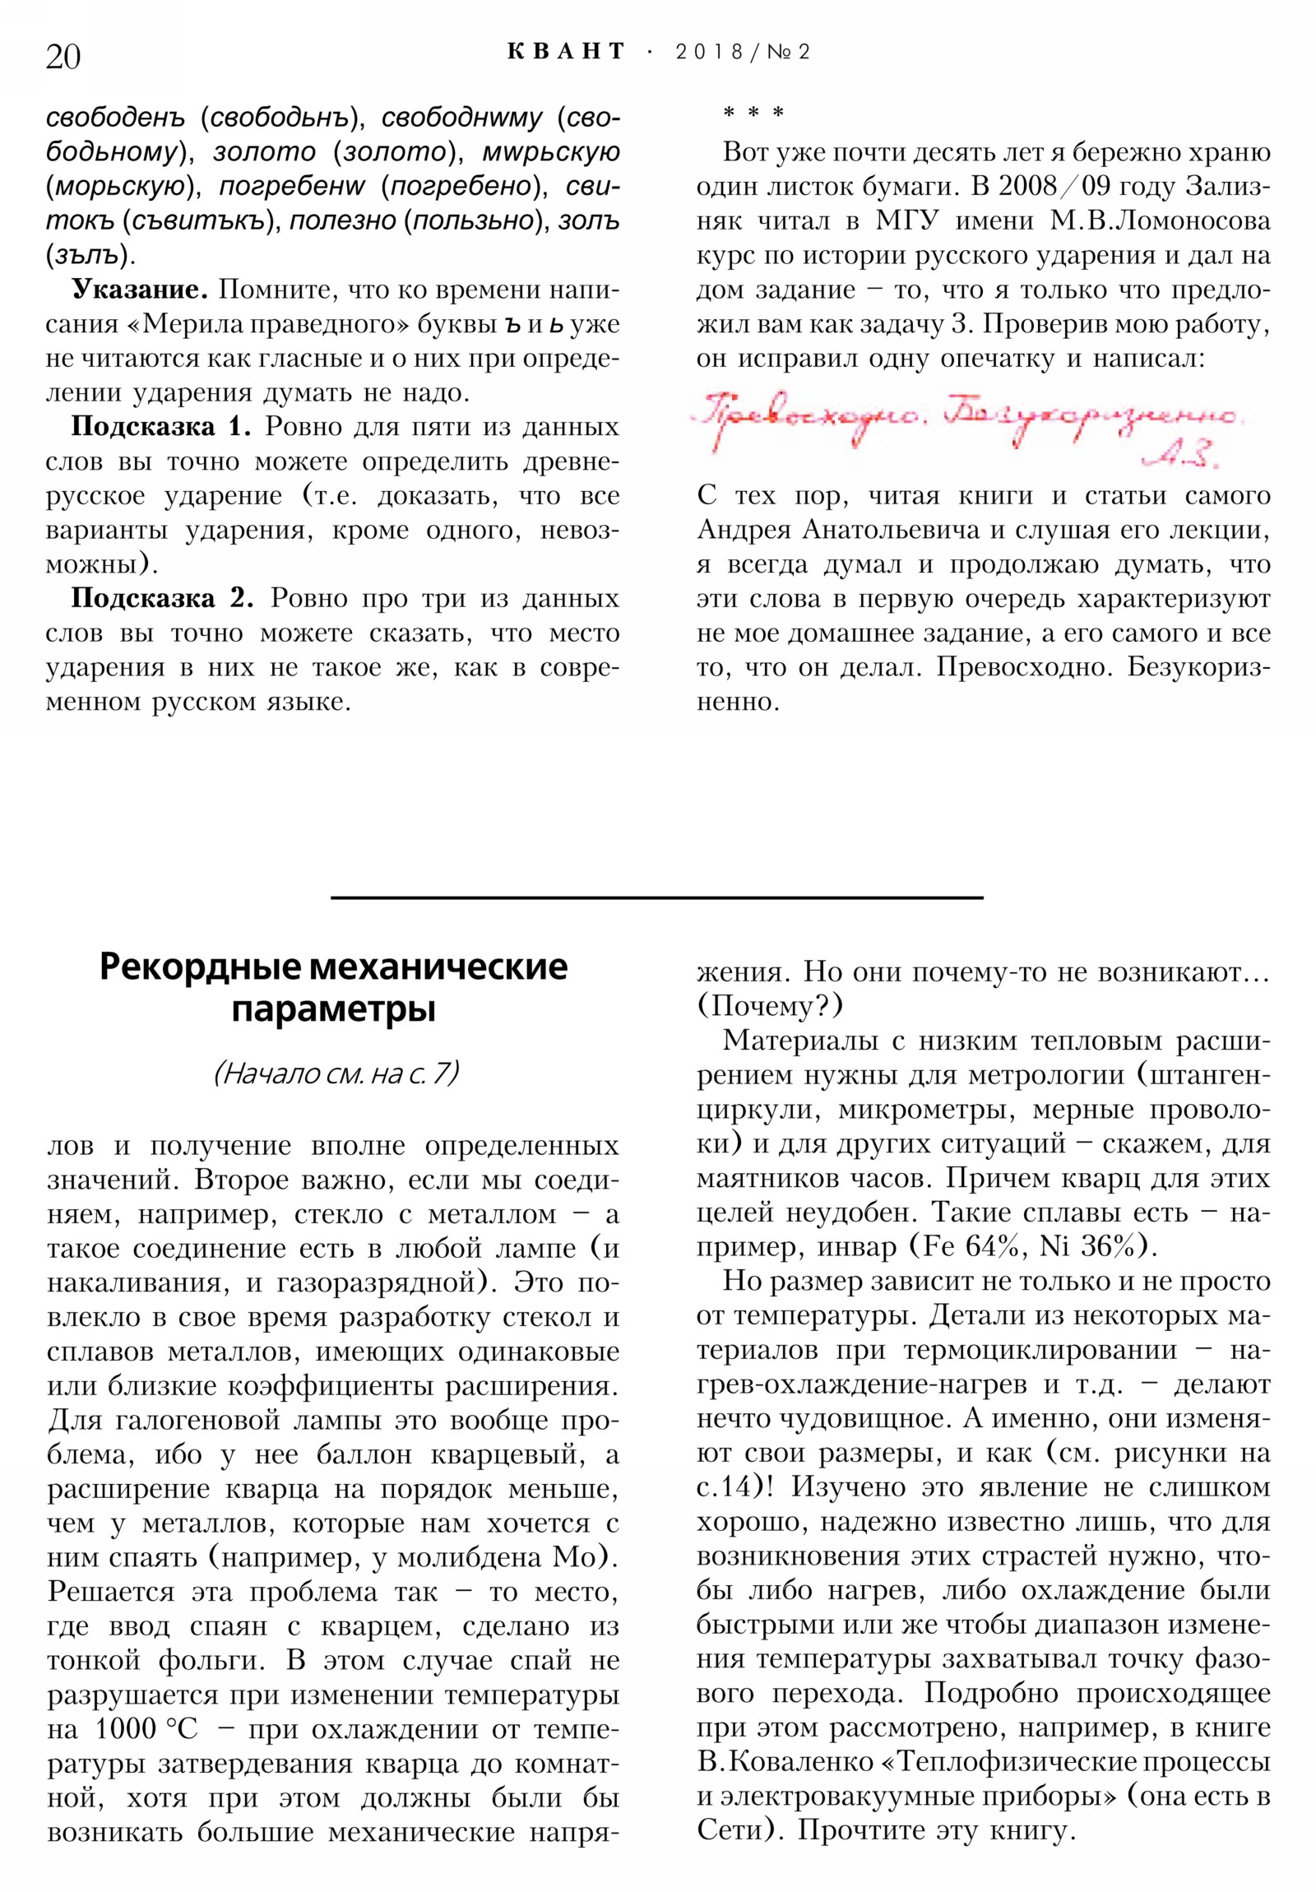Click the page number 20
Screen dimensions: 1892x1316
63,57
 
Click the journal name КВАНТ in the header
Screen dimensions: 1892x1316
565,52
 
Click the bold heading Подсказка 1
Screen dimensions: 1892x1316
160,426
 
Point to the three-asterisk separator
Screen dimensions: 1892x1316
753,113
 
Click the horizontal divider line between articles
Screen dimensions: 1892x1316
656,897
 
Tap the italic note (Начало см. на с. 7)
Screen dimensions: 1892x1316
336,1074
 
